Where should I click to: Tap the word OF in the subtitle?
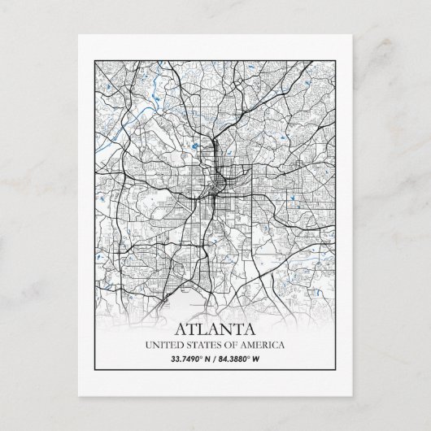click(230, 345)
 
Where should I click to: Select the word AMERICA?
click(262, 345)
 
